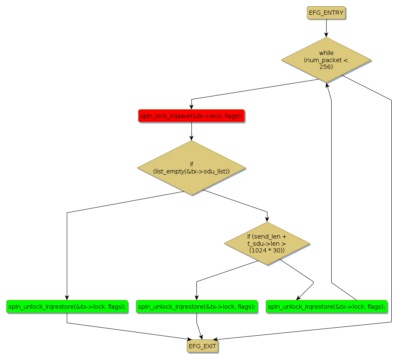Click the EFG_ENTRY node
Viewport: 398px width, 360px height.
pos(326,13)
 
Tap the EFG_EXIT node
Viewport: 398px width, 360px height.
pos(203,346)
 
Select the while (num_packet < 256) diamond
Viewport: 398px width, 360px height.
pos(326,60)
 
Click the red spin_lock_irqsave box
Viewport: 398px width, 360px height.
pos(191,116)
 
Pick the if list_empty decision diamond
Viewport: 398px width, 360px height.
pos(191,168)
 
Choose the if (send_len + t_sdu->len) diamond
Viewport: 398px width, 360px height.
pos(267,243)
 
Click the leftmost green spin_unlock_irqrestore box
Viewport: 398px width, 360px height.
pos(67,307)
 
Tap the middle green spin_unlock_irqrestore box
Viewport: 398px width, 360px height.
pos(196,307)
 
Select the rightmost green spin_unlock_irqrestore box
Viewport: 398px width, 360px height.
pos(326,307)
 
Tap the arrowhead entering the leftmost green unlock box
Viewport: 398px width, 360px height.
pos(67,298)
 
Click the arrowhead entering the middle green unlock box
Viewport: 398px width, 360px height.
pos(196,298)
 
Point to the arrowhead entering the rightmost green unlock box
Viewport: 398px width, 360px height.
pos(298,298)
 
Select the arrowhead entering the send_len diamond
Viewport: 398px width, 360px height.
pos(267,220)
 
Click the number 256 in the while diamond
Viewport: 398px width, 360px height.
pos(326,67)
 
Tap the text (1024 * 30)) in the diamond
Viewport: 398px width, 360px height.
pos(267,250)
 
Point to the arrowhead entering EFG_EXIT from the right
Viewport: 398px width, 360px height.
pos(216,339)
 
